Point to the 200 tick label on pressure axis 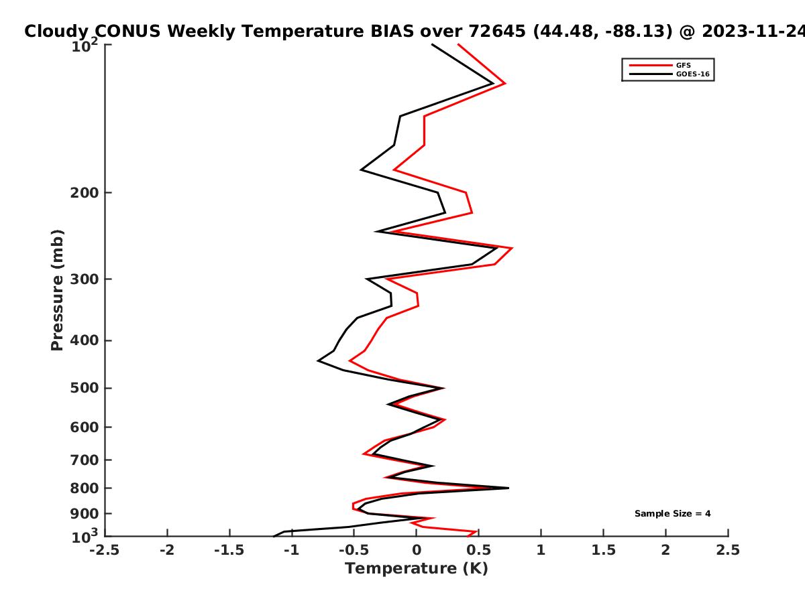(x=85, y=192)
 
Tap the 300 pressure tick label (x=85, y=279)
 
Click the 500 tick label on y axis (x=85, y=388)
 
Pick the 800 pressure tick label (x=85, y=488)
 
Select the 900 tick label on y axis (x=85, y=514)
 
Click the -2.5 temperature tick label (x=105, y=550)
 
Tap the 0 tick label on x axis (x=417, y=550)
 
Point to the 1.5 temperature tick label (x=604, y=550)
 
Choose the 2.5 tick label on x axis (x=728, y=550)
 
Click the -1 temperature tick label (x=292, y=550)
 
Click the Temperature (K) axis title (x=417, y=569)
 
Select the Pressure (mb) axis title (x=57, y=290)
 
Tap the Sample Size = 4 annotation (x=673, y=514)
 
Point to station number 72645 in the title (x=497, y=31)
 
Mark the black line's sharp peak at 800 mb (x=508, y=488)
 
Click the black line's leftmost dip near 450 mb (x=318, y=361)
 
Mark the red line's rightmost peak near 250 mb (x=512, y=248)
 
